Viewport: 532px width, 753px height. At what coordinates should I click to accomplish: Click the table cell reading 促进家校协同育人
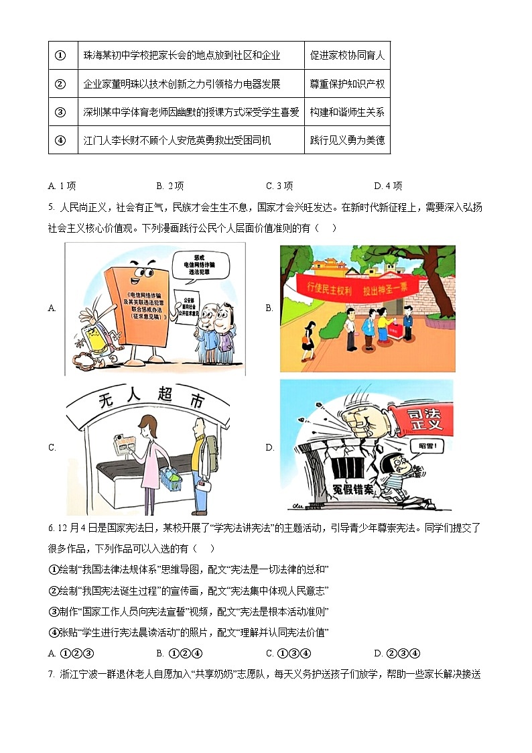coord(347,56)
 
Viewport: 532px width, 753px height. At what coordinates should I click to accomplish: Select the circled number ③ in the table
coord(60,112)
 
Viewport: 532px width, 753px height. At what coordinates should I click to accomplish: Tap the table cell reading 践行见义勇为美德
coord(347,141)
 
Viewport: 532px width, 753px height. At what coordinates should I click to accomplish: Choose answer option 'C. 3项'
coord(279,186)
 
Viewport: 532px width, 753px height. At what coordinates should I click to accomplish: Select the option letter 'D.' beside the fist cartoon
coord(269,447)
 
